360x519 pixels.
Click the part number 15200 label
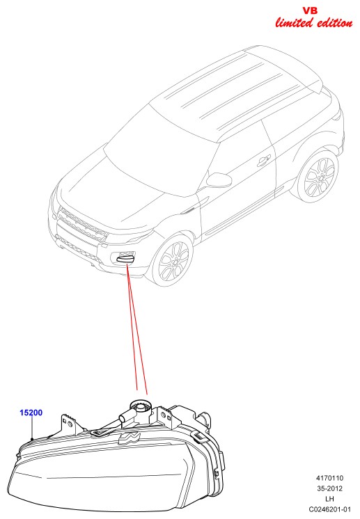(x=31, y=413)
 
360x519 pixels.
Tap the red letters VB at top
(x=310, y=11)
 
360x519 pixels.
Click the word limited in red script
(x=294, y=22)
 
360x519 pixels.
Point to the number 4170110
(x=329, y=478)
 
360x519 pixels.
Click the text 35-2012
(x=329, y=488)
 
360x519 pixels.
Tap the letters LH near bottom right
(x=329, y=499)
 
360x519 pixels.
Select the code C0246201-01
(x=329, y=509)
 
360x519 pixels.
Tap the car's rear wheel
(x=319, y=177)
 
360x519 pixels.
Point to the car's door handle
(x=263, y=161)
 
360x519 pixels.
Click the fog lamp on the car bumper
(x=125, y=257)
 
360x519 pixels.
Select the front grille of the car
(x=82, y=224)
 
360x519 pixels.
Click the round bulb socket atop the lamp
(x=141, y=406)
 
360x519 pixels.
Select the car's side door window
(x=239, y=156)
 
